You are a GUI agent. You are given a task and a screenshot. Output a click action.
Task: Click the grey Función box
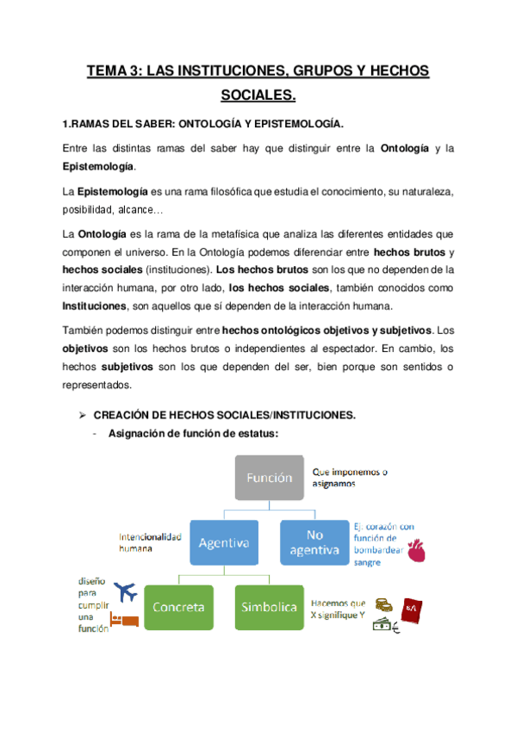click(269, 476)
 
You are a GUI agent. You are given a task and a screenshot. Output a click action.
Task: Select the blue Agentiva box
click(223, 542)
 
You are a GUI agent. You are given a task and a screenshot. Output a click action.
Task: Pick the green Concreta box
click(178, 607)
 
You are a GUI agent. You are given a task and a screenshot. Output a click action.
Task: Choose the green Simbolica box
click(269, 607)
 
